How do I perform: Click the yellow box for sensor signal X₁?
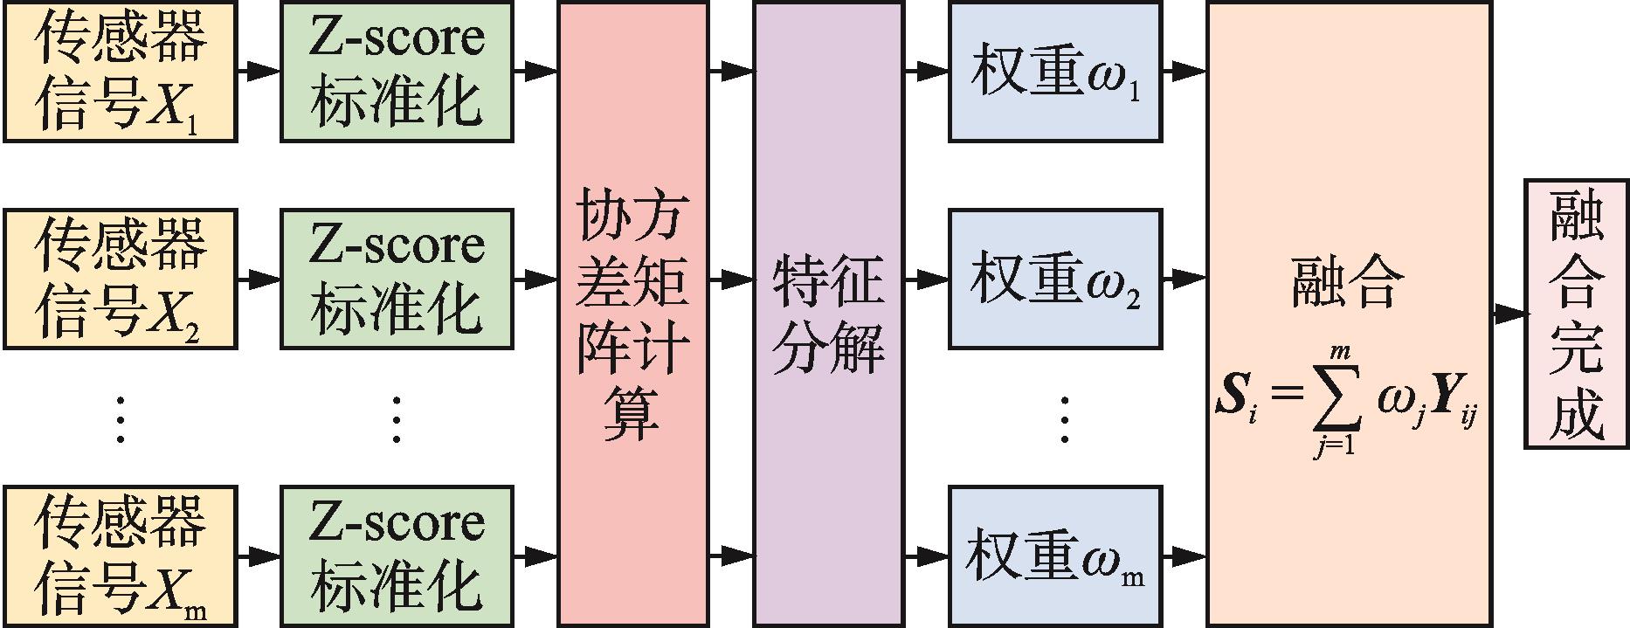pos(120,71)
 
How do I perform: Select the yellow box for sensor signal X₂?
pos(120,279)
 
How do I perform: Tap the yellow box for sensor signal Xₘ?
pos(120,556)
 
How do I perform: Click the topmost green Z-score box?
pos(396,71)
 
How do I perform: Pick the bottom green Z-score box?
pos(396,556)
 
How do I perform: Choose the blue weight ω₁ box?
pos(1054,71)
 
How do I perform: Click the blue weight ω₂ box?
pos(1054,279)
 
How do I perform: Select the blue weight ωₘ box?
pos(1054,556)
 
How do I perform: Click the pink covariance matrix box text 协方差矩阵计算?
pos(632,314)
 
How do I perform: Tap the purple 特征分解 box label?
pos(827,314)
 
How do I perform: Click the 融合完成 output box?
pos(1577,314)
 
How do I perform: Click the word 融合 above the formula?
pos(1348,281)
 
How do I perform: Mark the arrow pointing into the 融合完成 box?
pos(1509,314)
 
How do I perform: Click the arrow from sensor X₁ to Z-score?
pos(259,71)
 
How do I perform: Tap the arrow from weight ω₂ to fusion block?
pos(1185,279)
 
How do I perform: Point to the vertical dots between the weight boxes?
pos(1064,419)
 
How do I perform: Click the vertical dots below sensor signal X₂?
pos(120,419)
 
